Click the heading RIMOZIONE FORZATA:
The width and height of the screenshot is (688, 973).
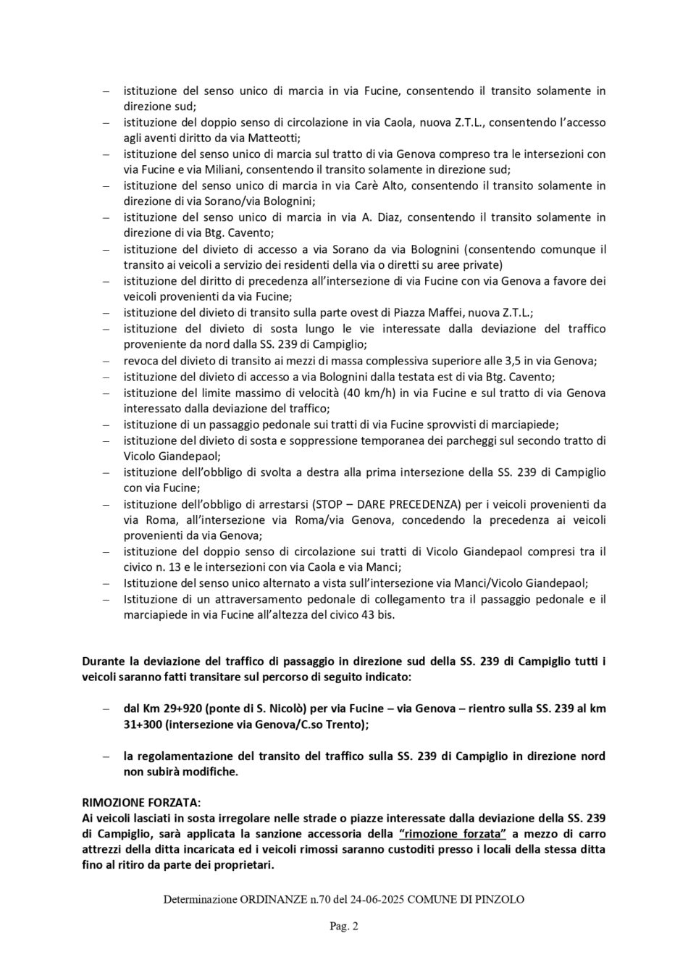[x=141, y=803]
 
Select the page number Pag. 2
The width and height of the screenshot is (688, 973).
[x=344, y=925]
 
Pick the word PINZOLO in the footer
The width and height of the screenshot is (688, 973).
[x=498, y=899]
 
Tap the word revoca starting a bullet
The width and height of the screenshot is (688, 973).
[x=140, y=361]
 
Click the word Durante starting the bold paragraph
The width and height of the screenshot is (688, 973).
[x=106, y=661]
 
